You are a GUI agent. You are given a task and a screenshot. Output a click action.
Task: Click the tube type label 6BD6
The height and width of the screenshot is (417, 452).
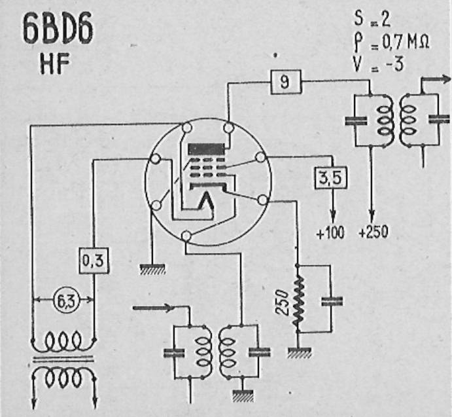coord(58,29)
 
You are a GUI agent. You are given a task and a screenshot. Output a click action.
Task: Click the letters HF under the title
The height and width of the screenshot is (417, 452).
coord(55,64)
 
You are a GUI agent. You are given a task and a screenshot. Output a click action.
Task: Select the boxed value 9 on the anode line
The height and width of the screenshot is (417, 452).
coord(286,82)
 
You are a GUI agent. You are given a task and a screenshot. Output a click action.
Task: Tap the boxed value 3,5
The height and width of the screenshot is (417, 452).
coord(330,178)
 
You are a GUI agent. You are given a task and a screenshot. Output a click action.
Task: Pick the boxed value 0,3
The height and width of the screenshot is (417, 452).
coord(94,261)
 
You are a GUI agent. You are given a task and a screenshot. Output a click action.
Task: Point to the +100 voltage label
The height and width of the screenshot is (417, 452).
coord(330,232)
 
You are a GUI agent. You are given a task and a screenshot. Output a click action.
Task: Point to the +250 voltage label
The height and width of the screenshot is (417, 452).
coord(374,232)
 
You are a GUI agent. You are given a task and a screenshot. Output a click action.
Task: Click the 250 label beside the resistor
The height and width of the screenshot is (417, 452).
coord(281,302)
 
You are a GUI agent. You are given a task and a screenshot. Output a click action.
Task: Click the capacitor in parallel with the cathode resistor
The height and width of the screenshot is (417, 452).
coord(332,301)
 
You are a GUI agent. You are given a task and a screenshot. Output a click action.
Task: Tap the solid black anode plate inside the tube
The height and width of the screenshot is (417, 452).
coord(206,149)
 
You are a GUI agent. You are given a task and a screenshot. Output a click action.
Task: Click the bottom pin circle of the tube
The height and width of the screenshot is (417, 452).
coord(186,236)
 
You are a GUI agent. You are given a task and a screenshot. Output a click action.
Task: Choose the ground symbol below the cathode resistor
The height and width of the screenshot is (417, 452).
coord(299,353)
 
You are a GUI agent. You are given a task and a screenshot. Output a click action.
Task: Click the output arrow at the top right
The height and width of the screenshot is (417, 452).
coord(436,79)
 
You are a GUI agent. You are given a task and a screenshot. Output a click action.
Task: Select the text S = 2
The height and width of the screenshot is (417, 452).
coord(372,20)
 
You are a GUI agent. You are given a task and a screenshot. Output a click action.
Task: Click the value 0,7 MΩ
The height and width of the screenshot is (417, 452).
coord(406,42)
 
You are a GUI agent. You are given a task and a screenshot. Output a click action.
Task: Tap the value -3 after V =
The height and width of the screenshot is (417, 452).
coord(394,63)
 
